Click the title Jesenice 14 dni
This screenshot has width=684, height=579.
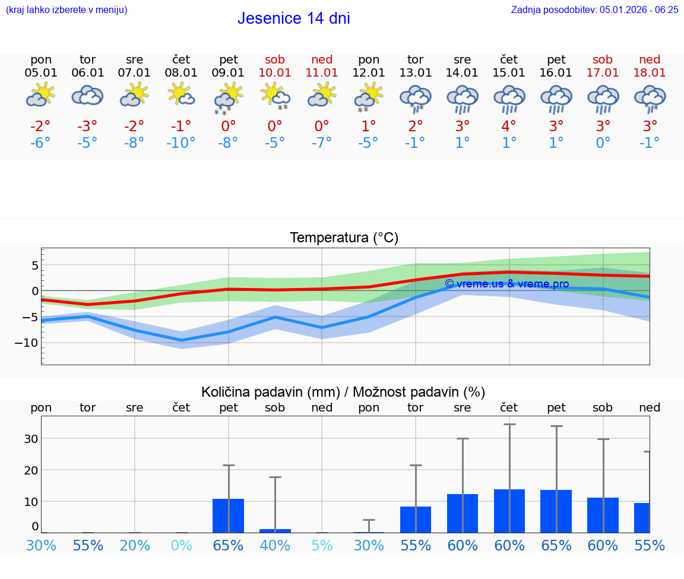click(293, 18)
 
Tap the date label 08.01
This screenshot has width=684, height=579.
click(181, 73)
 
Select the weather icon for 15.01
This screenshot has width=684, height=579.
click(509, 98)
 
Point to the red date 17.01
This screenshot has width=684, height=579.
click(603, 73)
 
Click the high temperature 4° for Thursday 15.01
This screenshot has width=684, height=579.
click(509, 126)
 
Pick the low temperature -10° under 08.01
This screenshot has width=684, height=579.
click(181, 143)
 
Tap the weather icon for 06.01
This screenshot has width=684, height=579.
click(87, 96)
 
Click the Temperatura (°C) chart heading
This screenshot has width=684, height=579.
click(344, 238)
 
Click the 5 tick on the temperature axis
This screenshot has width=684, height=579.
click(35, 265)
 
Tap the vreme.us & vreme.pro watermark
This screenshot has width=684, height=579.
click(506, 284)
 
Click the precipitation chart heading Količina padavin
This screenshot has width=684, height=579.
click(343, 392)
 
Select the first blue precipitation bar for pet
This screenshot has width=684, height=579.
click(229, 515)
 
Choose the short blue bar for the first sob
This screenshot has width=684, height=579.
click(275, 530)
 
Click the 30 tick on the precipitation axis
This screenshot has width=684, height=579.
click(31, 439)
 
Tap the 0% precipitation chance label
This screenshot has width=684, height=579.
click(181, 545)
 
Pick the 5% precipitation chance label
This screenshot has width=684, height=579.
click(322, 545)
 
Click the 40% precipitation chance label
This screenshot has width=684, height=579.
click(275, 545)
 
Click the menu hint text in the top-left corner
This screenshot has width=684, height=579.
click(66, 10)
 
